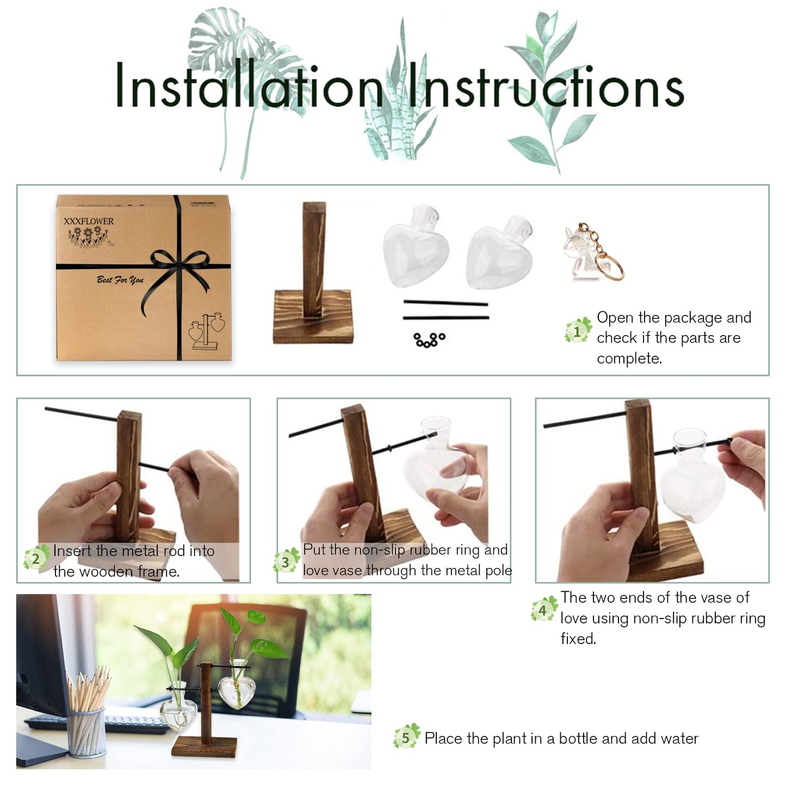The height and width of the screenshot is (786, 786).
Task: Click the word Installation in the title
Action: (x=250, y=85)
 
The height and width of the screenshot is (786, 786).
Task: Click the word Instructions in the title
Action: (x=546, y=85)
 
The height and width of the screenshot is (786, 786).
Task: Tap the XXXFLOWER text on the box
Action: (x=89, y=221)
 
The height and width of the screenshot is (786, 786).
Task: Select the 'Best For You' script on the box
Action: (x=120, y=280)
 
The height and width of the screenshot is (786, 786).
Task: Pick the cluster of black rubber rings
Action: (x=429, y=339)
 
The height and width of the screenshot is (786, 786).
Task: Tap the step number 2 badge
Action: (x=36, y=558)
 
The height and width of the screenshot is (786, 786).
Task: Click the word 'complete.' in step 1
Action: (x=629, y=358)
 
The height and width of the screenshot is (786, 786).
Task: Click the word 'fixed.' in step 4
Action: (x=578, y=639)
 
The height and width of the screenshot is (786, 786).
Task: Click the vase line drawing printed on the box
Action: (x=207, y=331)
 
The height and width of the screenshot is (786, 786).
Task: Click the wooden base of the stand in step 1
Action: (x=313, y=317)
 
